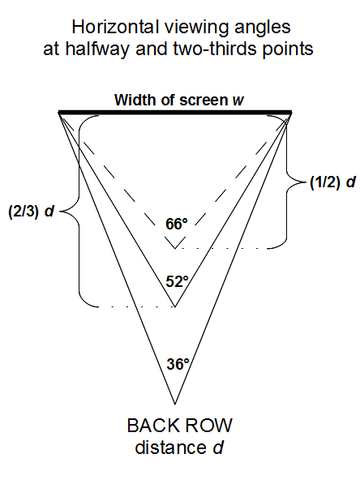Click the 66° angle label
click(177, 224)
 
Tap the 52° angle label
click(177, 281)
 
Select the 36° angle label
click(178, 364)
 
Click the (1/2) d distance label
click(332, 182)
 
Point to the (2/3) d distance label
click(31, 212)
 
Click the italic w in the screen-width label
click(238, 101)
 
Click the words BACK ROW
click(180, 426)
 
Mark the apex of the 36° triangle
click(175, 404)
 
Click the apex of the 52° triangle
click(175, 306)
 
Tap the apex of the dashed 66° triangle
click(175, 248)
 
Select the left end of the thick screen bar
click(58, 112)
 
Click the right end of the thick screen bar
click(292, 112)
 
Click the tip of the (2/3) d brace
click(59, 212)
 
